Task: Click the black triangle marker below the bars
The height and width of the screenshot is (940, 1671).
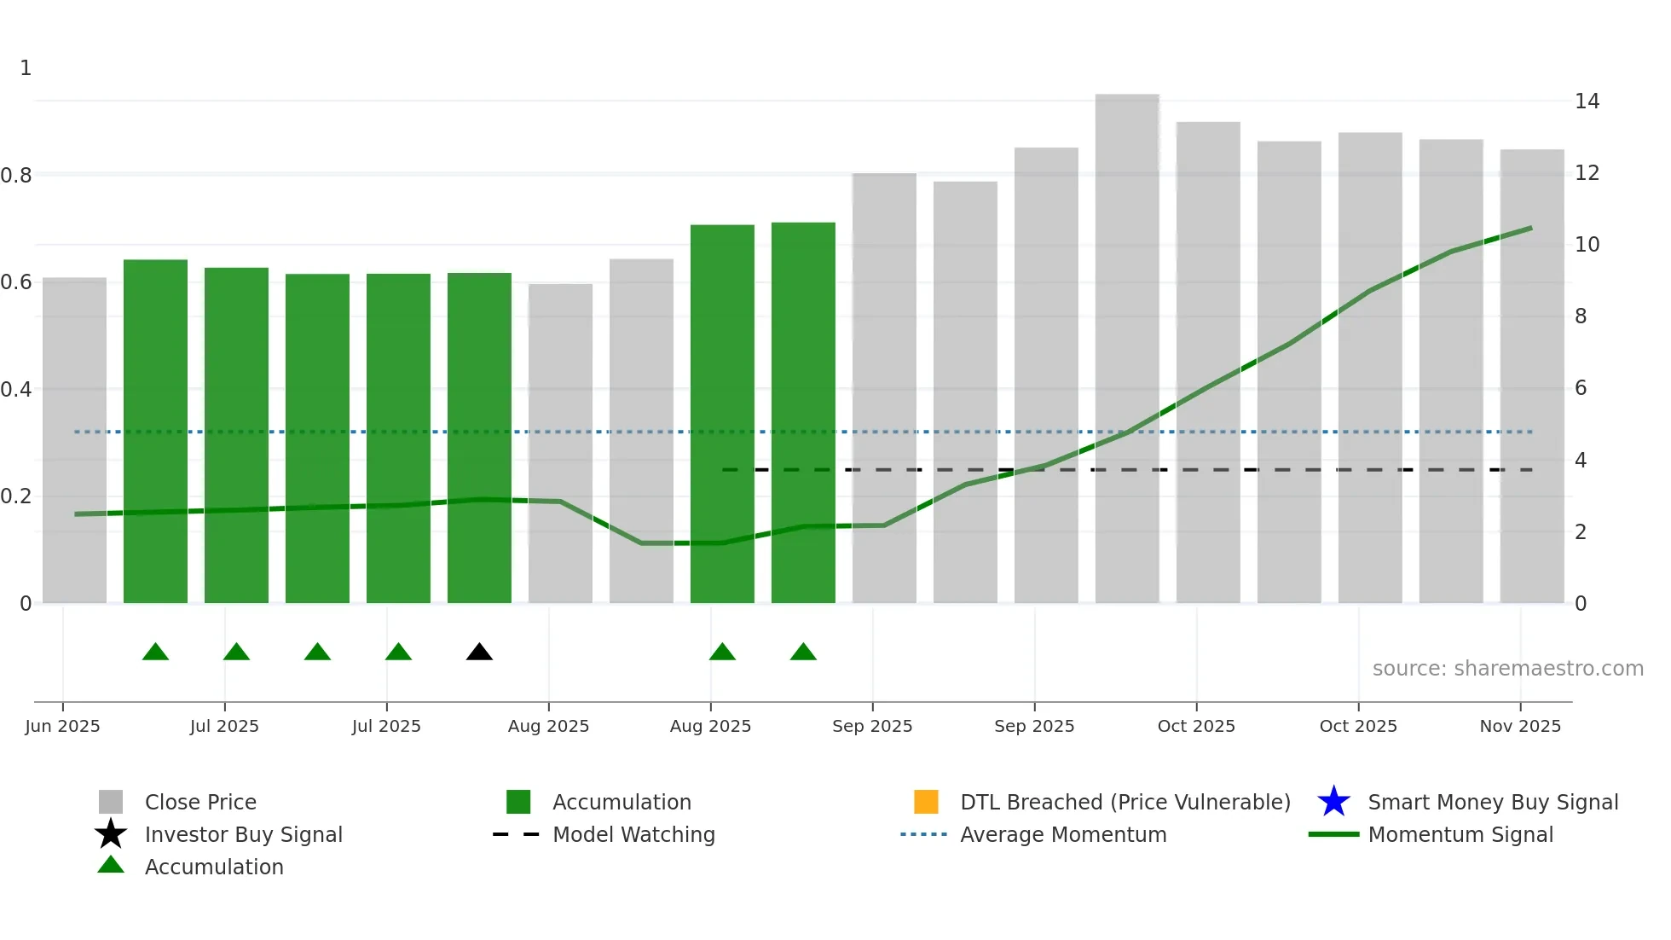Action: (479, 653)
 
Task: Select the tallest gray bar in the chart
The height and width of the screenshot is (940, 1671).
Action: (1126, 350)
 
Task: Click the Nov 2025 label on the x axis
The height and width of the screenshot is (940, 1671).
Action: (1519, 726)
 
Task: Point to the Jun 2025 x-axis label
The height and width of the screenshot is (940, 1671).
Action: (62, 726)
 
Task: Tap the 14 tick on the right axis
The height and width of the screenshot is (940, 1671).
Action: (1587, 102)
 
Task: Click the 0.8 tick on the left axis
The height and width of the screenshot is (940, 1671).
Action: (16, 176)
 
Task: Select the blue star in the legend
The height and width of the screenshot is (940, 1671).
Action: (1333, 802)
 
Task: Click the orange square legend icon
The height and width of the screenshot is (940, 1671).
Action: (926, 802)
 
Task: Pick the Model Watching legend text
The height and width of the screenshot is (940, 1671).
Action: (633, 834)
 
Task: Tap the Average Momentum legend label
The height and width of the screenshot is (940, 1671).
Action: (1062, 834)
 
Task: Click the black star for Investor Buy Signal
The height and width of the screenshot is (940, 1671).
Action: (111, 834)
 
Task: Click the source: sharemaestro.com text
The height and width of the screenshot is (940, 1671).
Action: (1507, 669)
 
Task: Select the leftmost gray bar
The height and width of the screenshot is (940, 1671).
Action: (75, 440)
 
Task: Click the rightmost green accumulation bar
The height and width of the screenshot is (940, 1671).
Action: (803, 413)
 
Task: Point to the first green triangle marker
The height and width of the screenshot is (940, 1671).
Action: (155, 653)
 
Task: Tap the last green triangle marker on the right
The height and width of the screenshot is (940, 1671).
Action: (803, 653)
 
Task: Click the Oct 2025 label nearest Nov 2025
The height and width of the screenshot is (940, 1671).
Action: (1357, 726)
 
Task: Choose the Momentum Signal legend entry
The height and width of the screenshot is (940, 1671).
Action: (1460, 834)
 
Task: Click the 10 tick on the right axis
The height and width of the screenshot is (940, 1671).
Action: (1587, 245)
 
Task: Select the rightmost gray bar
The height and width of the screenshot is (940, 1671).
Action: (1531, 376)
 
